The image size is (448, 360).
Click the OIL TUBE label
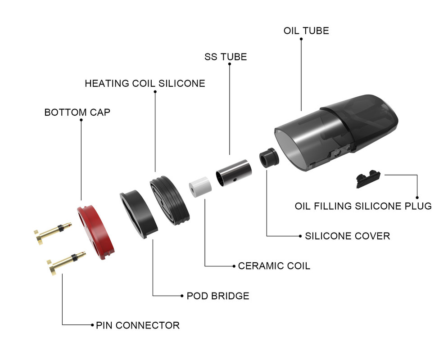coord(306,31)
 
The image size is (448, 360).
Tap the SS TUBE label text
coord(226,57)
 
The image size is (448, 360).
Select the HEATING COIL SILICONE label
coord(145,84)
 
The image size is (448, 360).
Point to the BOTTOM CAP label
coord(77,112)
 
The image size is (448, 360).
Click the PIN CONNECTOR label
coord(138,325)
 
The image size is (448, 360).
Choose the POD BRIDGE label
coord(217,296)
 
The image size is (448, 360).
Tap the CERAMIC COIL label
coord(274,266)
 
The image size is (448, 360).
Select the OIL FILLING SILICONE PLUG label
coord(363,206)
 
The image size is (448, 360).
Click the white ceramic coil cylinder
coord(200,186)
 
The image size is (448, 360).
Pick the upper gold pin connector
coord(52,232)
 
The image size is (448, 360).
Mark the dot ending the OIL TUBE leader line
coord(301,39)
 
